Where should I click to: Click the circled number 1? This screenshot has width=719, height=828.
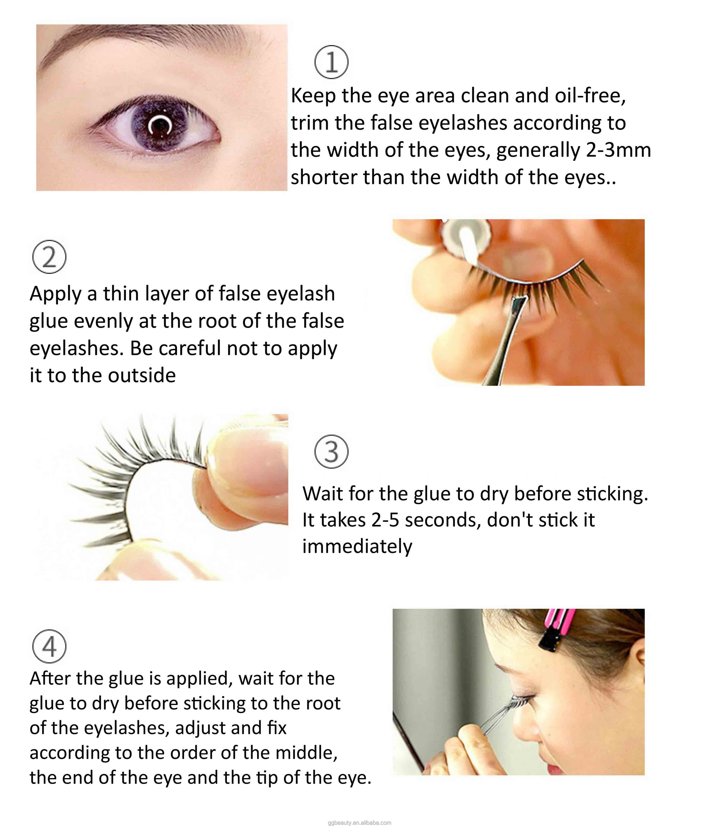click(x=331, y=62)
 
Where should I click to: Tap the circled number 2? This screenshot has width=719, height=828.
click(x=49, y=257)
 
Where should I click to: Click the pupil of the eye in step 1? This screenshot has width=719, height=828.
click(x=160, y=126)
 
